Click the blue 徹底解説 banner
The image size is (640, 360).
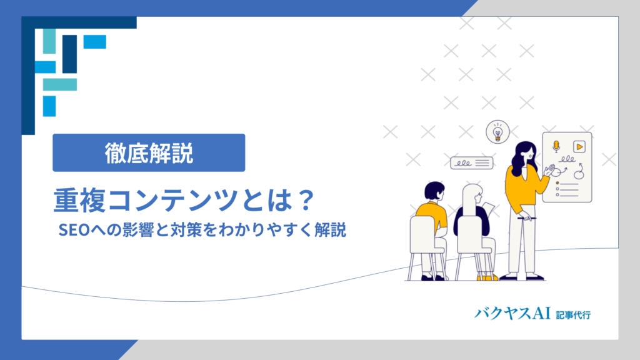[x=149, y=152]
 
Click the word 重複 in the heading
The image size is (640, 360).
[x=79, y=201]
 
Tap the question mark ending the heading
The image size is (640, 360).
[x=305, y=201]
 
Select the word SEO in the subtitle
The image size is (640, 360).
[x=74, y=230]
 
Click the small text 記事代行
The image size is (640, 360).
[x=573, y=315]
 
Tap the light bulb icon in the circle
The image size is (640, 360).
[x=497, y=132]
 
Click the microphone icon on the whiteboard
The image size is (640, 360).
[x=556, y=146]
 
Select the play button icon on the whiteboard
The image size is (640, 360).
[x=579, y=146]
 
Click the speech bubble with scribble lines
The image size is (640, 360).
[x=471, y=163]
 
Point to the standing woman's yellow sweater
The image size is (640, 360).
[x=524, y=186]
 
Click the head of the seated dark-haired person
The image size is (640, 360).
[x=434, y=191]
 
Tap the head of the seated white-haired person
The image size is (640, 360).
[x=472, y=196]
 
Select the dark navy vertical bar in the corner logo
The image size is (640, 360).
[x=70, y=54]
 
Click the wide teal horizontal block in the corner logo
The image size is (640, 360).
[x=60, y=84]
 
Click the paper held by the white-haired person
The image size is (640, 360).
[x=489, y=209]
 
